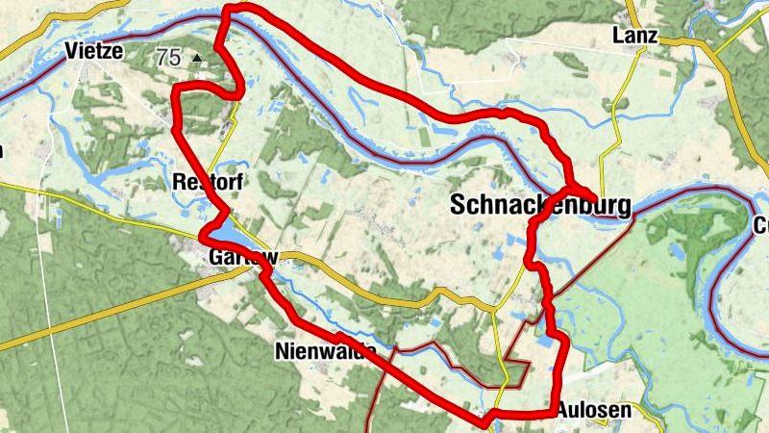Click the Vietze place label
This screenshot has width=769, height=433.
tap(96, 51)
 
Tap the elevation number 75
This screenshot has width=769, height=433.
tap(167, 58)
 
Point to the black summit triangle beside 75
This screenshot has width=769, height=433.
tap(197, 59)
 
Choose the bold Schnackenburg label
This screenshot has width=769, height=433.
tap(541, 205)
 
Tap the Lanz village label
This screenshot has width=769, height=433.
tap(634, 37)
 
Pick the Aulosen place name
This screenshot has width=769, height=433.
tap(594, 410)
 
